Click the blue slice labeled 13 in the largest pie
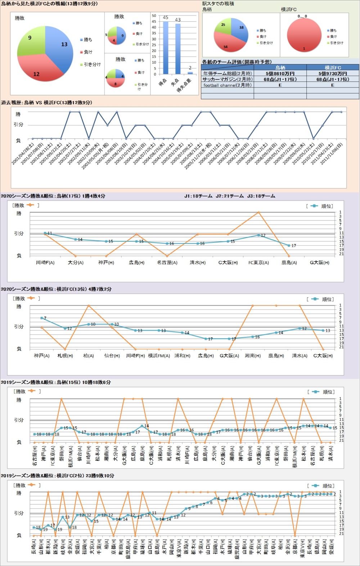click(59, 43)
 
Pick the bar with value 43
click(178, 49)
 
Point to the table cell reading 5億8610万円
click(280, 73)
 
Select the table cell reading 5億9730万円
click(333, 73)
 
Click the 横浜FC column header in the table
click(333, 67)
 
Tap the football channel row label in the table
click(227, 85)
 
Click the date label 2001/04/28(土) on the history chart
click(22, 154)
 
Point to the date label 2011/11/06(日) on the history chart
click(331, 154)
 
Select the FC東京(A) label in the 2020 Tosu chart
click(258, 263)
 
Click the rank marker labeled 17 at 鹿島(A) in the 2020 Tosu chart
click(289, 245)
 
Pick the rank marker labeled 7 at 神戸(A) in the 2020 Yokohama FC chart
click(42, 318)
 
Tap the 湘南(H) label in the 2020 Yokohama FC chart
click(253, 356)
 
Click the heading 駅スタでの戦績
click(218, 4)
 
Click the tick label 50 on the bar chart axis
click(154, 16)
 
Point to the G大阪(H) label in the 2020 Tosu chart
click(320, 263)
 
